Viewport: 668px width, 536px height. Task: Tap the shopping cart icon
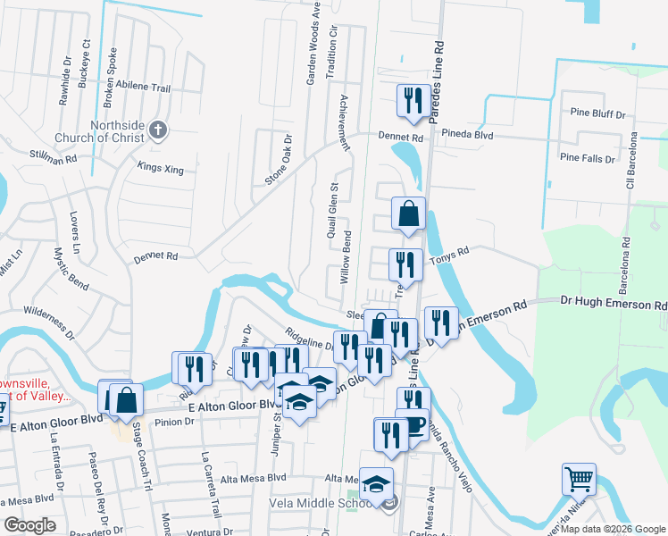(579, 480)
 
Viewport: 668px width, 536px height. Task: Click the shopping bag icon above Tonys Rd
(408, 214)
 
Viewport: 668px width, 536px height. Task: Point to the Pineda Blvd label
(467, 134)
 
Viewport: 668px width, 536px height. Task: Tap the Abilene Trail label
(148, 88)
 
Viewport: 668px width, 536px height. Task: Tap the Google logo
(30, 524)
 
